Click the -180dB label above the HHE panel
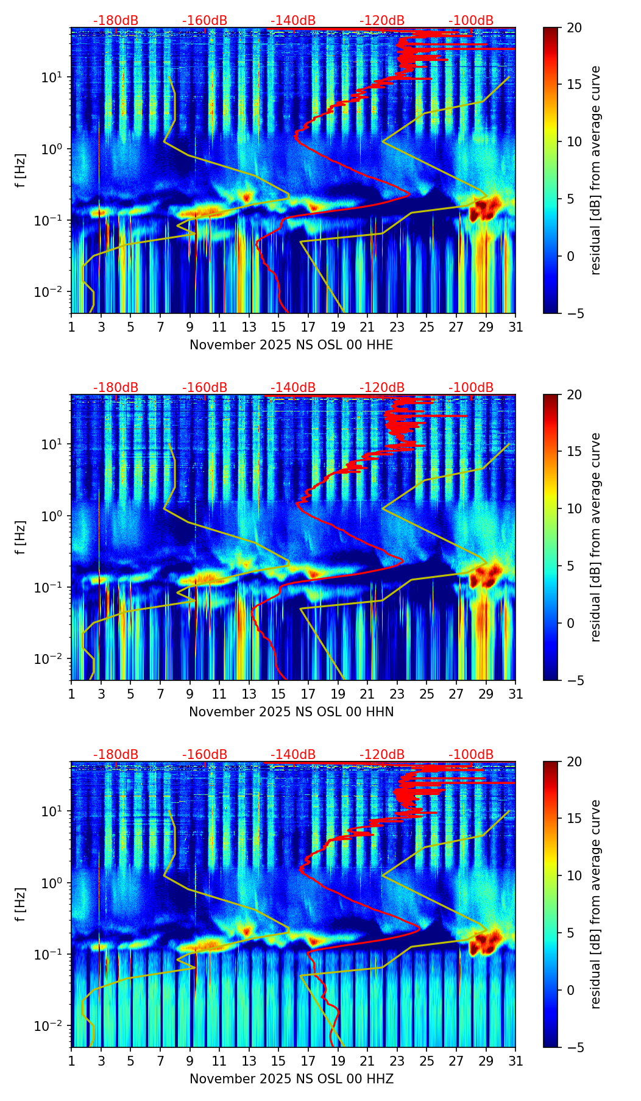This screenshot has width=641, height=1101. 116,21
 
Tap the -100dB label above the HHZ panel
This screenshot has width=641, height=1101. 471,755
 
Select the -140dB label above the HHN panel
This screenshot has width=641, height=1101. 293,388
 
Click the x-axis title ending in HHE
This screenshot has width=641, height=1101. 291,345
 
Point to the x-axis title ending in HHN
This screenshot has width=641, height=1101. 291,712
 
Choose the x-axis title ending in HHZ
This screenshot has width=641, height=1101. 291,1079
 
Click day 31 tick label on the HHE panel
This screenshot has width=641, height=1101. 515,327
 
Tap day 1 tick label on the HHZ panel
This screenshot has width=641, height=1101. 71,1061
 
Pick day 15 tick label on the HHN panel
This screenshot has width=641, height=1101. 278,694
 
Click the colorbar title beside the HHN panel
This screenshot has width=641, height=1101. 596,537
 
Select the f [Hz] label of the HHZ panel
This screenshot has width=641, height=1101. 21,904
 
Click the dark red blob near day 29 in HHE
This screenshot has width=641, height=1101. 484,208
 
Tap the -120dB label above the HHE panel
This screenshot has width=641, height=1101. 382,21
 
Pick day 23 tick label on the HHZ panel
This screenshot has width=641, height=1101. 397,1061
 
